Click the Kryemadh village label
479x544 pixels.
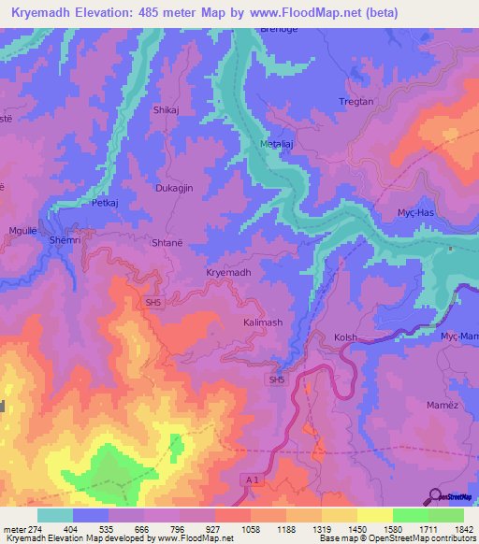(x=228, y=272)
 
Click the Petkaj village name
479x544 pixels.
(x=104, y=201)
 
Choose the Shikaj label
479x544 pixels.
(x=165, y=110)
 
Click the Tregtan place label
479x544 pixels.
(x=356, y=102)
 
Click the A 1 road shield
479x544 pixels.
(x=249, y=480)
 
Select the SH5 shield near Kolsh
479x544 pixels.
(x=276, y=379)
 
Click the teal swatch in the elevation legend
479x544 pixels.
(x=55, y=515)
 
